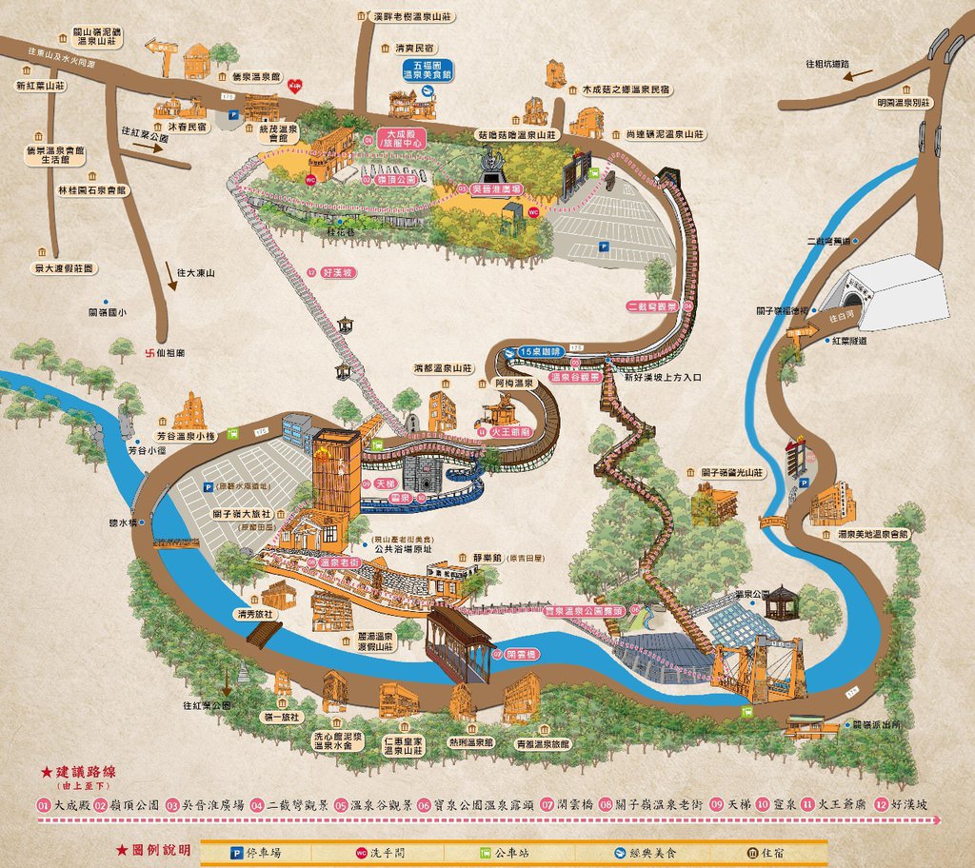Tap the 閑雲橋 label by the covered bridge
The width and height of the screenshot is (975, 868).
[515, 655]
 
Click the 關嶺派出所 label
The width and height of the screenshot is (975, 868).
[874, 724]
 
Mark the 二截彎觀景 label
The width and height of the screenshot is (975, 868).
[653, 306]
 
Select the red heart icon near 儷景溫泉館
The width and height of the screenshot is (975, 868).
[296, 87]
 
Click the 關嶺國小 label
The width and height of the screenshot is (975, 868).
[108, 311]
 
